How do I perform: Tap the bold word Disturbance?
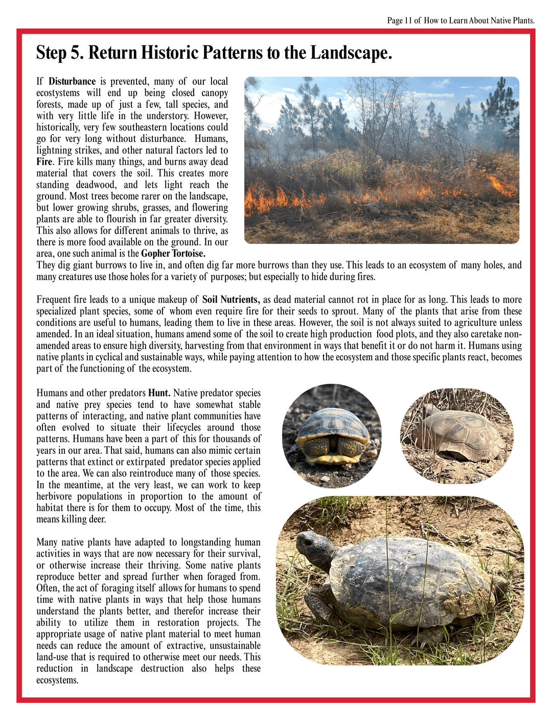click(x=72, y=81)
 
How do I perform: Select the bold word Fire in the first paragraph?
click(x=44, y=162)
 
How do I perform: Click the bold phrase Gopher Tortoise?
click(x=173, y=254)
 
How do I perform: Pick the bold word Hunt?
click(x=159, y=393)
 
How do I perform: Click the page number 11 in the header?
click(x=408, y=20)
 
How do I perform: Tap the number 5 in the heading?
click(x=77, y=53)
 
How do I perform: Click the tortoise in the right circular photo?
click(x=460, y=434)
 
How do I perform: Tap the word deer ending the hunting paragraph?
click(x=97, y=520)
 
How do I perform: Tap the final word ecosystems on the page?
click(x=57, y=680)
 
